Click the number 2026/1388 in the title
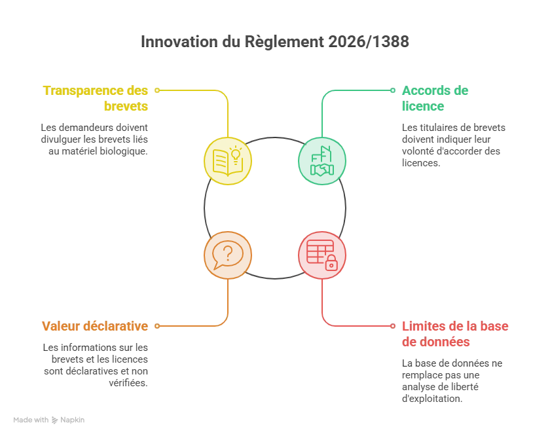[x=369, y=42]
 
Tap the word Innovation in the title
[x=179, y=42]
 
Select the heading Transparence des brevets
[x=96, y=98]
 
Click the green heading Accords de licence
[x=435, y=98]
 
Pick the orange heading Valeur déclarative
[x=95, y=326]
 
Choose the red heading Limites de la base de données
[x=455, y=334]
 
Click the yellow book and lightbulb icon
[x=228, y=161]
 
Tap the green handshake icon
[x=322, y=161]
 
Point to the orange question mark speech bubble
[x=228, y=255]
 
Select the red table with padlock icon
[x=322, y=255]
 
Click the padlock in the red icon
[x=331, y=263]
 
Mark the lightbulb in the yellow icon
[x=236, y=154]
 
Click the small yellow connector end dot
[x=157, y=90]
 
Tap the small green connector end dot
[x=393, y=90]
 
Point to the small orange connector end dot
[x=157, y=326]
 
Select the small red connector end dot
[x=393, y=326]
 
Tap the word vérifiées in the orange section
[x=128, y=383]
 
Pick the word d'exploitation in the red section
[x=432, y=399]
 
